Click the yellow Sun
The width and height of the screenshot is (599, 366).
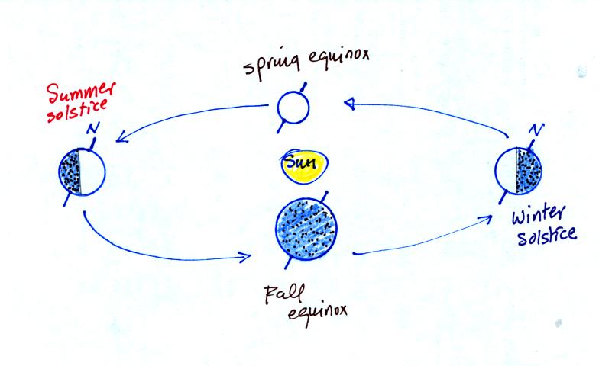tap(304, 165)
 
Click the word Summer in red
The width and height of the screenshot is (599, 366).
tap(81, 91)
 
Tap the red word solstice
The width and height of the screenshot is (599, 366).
tap(77, 111)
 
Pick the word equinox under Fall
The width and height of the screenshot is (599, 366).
tap(318, 313)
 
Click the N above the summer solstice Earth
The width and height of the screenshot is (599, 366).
tap(93, 128)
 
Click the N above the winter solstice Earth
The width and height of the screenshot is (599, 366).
tap(536, 130)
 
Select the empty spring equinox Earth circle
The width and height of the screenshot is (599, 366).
tap(293, 107)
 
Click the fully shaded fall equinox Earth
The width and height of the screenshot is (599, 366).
tap(306, 230)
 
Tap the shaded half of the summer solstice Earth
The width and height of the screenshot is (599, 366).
tap(70, 172)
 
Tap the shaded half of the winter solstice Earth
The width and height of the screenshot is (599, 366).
tap(529, 170)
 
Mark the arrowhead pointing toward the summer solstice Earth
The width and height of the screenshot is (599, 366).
tap(122, 137)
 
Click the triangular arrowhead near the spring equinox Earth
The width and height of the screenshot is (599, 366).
tap(350, 104)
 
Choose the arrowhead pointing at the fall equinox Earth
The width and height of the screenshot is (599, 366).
tap(244, 258)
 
